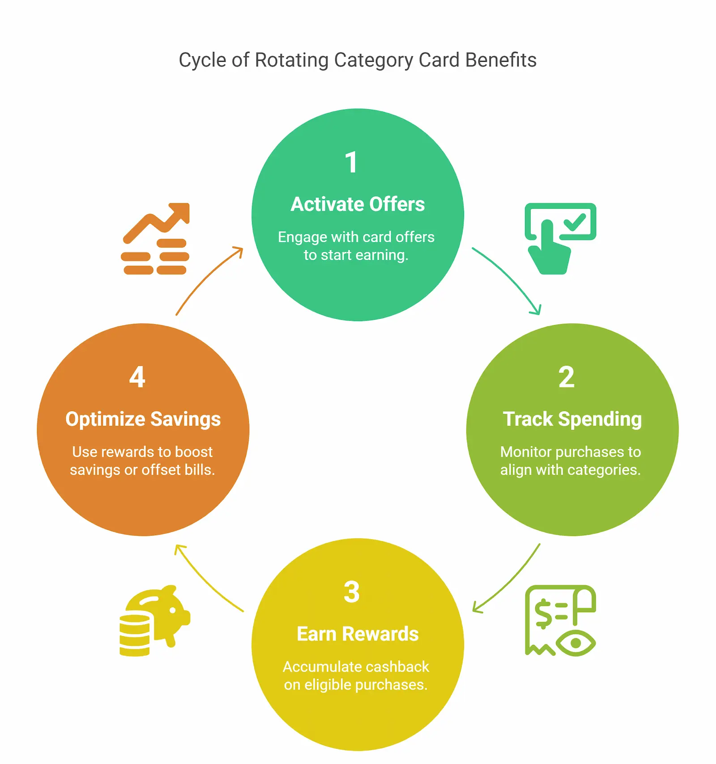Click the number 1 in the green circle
(352, 162)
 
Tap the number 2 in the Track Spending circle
(566, 377)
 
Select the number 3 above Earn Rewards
(352, 592)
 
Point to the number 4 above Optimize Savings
(137, 377)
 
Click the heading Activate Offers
(358, 204)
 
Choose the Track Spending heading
(572, 419)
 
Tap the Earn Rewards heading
(358, 634)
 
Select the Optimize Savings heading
(143, 419)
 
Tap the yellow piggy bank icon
(154, 620)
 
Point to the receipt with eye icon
(560, 620)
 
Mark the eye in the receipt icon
(576, 643)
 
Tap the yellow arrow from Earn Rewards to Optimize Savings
(206, 579)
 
